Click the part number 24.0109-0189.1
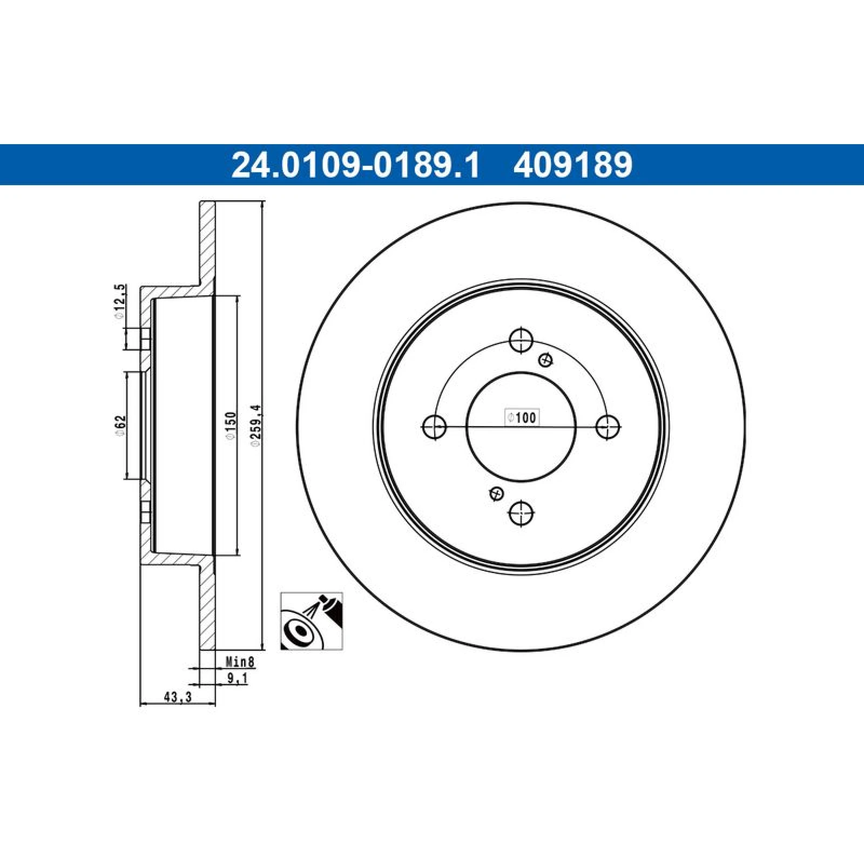click(x=355, y=165)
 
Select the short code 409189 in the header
click(x=573, y=165)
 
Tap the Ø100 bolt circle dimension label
click(x=522, y=417)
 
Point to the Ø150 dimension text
click(x=231, y=427)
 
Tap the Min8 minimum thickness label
click(x=240, y=661)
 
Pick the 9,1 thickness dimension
click(x=237, y=678)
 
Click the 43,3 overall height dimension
click(x=178, y=697)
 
